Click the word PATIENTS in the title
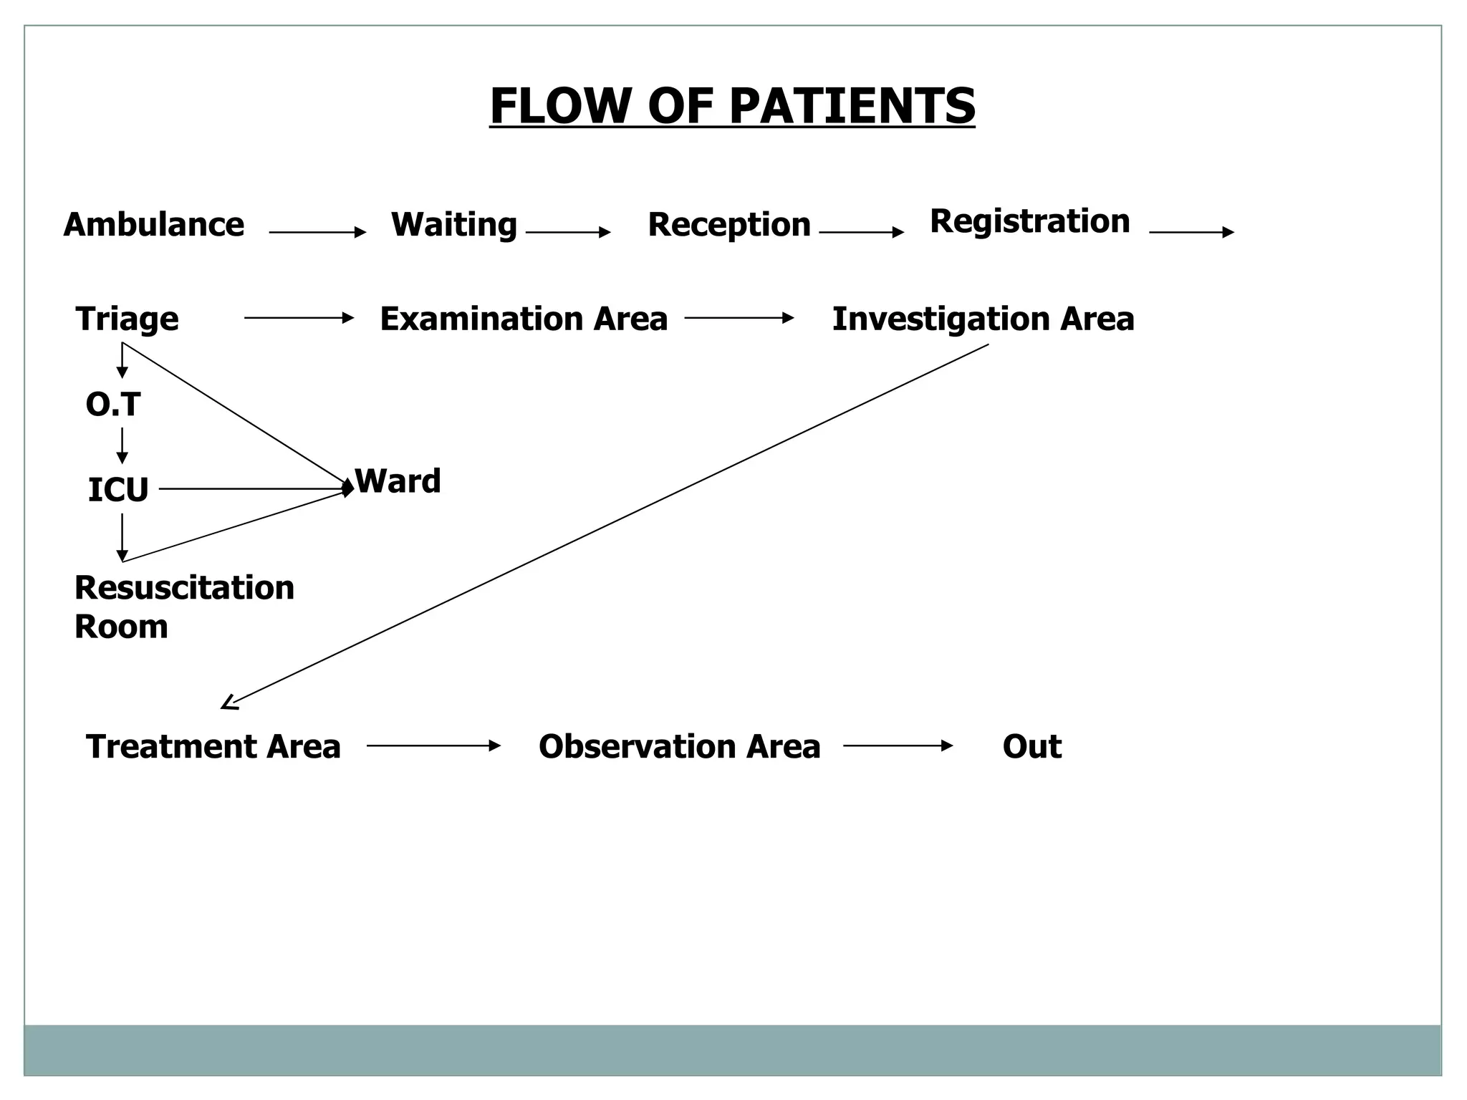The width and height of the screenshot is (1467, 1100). (852, 106)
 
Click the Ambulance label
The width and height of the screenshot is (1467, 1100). (153, 225)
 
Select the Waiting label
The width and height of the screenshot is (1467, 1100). (453, 225)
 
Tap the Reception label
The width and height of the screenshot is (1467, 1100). (728, 225)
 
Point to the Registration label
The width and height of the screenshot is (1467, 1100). (1029, 221)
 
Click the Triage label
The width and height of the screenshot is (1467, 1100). (127, 319)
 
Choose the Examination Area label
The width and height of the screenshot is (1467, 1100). (523, 319)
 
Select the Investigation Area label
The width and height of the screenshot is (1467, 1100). (983, 319)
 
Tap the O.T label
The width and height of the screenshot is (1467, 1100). (112, 405)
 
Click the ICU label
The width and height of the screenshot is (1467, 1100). (117, 491)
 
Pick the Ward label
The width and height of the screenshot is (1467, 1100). (398, 481)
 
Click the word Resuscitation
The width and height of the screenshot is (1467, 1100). (184, 588)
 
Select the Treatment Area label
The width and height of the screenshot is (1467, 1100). (213, 746)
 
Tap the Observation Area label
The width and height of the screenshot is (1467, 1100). (679, 746)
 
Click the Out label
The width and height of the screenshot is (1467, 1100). (1031, 746)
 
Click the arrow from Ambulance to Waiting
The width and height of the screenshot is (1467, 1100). (317, 232)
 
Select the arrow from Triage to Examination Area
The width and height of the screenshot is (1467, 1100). (299, 317)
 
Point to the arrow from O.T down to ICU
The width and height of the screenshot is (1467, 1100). (122, 445)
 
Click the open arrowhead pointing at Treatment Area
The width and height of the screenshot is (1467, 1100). (229, 703)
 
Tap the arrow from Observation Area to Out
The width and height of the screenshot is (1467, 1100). (898, 746)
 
